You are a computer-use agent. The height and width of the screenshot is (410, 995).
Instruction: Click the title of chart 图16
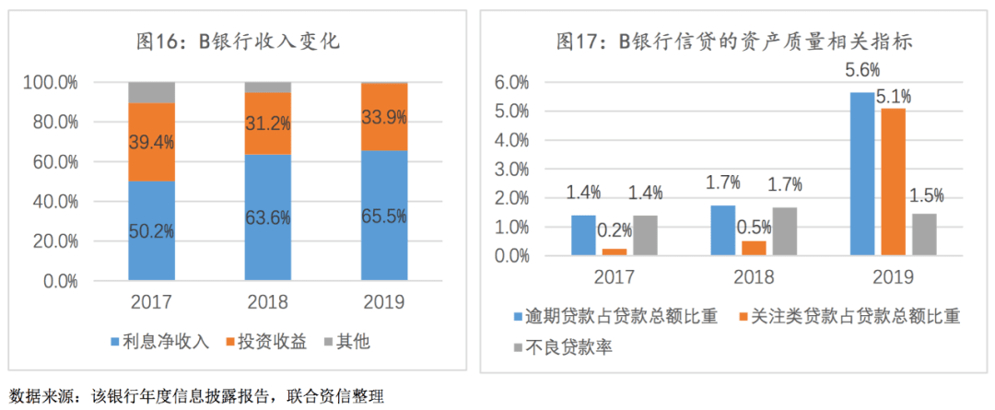[239, 41]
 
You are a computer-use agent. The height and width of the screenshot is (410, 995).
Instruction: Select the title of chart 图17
[727, 41]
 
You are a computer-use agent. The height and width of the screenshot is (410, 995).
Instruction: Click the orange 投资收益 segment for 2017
[151, 141]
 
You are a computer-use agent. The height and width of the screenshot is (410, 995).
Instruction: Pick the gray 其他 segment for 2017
[151, 92]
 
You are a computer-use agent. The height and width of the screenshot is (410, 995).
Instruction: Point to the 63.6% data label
[268, 218]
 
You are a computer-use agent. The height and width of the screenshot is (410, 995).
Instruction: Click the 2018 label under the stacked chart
[268, 302]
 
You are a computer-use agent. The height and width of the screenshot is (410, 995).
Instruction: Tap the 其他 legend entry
[345, 342]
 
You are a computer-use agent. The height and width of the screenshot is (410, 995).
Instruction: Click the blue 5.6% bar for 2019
[862, 173]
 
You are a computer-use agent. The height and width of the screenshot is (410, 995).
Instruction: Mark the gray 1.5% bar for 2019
[924, 234]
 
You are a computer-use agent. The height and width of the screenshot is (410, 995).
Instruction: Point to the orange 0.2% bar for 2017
[614, 252]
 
